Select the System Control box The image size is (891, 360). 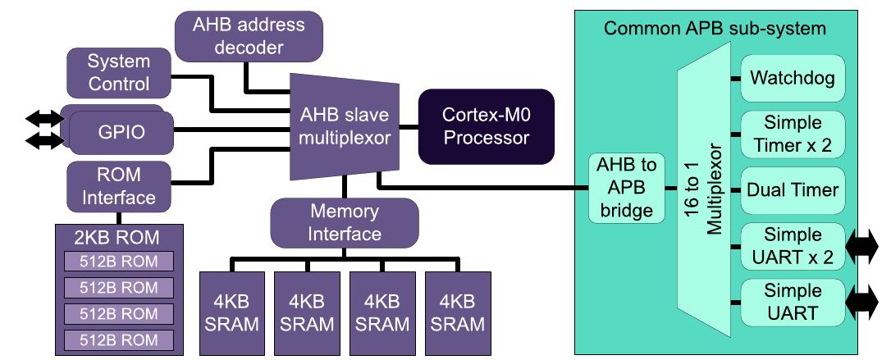click(x=118, y=72)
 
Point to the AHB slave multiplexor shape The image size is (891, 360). click(x=344, y=125)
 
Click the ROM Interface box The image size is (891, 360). click(x=118, y=186)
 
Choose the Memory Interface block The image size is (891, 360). click(x=345, y=222)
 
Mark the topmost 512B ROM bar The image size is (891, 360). click(x=120, y=262)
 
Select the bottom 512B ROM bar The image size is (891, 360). click(x=120, y=339)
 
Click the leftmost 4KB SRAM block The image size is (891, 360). click(x=231, y=312)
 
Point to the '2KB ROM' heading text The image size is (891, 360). click(x=120, y=239)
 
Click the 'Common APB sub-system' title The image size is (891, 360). click(x=714, y=29)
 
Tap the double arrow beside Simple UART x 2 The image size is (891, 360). click(x=861, y=247)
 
